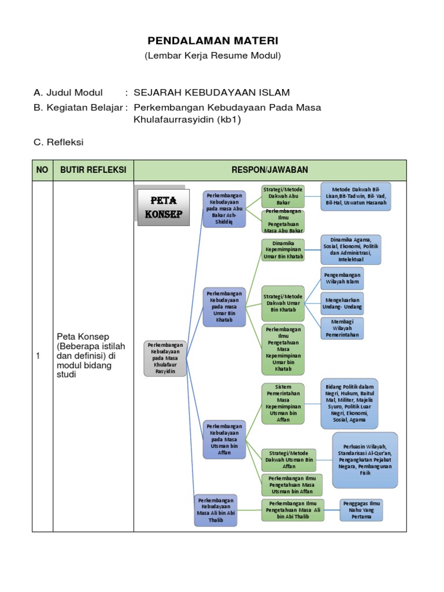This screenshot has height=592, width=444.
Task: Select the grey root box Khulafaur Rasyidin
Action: (x=165, y=358)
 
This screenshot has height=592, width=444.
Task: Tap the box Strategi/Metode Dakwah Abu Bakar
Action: (x=283, y=197)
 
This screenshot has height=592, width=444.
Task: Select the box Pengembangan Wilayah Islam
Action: (x=342, y=279)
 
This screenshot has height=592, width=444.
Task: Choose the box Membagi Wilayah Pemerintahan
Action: (x=342, y=328)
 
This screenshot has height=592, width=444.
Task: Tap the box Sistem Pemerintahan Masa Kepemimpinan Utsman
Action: (x=283, y=403)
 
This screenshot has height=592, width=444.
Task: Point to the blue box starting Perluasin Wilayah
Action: (x=365, y=460)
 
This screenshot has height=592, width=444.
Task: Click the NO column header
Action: (x=42, y=170)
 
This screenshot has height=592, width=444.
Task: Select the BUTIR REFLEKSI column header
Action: (x=93, y=170)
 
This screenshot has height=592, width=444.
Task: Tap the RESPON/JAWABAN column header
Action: (x=270, y=170)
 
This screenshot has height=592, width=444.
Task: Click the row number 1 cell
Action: (x=38, y=356)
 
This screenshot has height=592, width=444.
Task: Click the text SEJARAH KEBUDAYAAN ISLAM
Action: (x=212, y=92)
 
